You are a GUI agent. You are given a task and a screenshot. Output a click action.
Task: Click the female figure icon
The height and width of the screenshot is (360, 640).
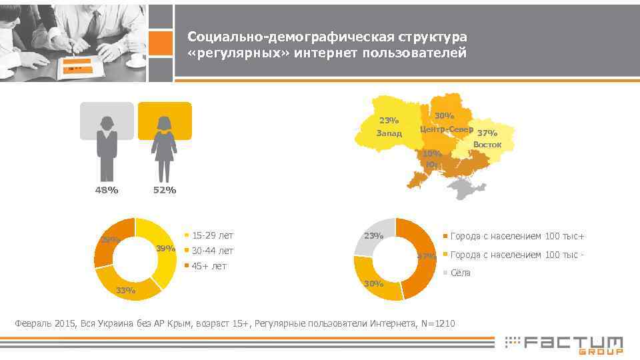(164, 149)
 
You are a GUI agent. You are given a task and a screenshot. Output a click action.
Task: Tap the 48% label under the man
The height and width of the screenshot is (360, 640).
(106, 191)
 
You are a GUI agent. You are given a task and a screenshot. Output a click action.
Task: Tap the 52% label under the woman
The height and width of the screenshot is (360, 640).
(164, 191)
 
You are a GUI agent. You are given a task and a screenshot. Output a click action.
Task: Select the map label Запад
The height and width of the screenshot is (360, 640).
(389, 133)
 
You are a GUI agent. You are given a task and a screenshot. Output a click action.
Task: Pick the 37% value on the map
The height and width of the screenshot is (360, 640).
(487, 133)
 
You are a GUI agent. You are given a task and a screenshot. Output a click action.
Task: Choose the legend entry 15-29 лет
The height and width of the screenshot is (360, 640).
(212, 235)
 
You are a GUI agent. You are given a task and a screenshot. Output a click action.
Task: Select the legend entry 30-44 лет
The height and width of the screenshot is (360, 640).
(212, 251)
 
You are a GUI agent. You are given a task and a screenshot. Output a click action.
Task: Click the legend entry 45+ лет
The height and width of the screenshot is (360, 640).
(209, 266)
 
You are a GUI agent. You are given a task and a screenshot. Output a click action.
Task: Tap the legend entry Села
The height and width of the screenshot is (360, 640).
(461, 272)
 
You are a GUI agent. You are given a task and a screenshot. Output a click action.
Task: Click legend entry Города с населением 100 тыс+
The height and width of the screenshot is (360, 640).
(518, 236)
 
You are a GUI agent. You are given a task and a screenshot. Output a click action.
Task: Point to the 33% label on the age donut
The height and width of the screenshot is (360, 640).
(125, 290)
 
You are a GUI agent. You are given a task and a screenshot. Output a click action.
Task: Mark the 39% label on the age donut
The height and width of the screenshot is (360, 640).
(165, 249)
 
